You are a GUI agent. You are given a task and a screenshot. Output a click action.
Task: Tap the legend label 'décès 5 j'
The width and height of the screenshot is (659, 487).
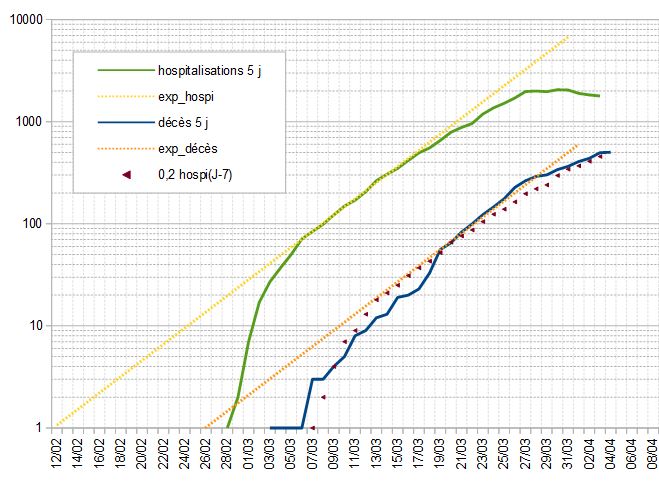point(182,122)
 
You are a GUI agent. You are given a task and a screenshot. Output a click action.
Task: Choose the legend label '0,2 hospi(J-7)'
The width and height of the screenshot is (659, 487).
point(196,174)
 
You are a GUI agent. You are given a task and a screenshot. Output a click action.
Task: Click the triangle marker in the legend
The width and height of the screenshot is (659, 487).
point(126,174)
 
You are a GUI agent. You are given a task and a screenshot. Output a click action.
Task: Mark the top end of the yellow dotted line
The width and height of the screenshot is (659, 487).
point(570,36)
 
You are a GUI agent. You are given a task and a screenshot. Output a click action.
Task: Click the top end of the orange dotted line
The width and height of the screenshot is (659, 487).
point(579,144)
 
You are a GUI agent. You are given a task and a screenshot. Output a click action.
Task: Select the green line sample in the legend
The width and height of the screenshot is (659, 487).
point(126,70)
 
